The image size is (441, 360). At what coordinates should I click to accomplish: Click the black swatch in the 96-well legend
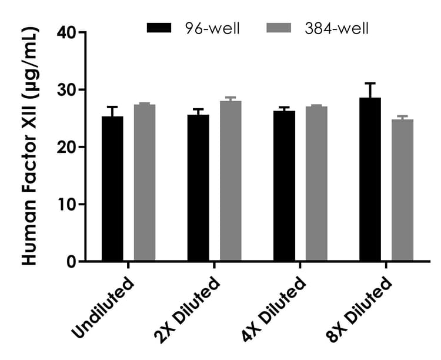click(159, 28)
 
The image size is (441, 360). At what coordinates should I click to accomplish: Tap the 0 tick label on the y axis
click(72, 262)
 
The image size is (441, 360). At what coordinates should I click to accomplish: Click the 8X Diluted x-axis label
click(360, 308)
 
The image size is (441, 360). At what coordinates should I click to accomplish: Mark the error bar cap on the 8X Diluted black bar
click(370, 84)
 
